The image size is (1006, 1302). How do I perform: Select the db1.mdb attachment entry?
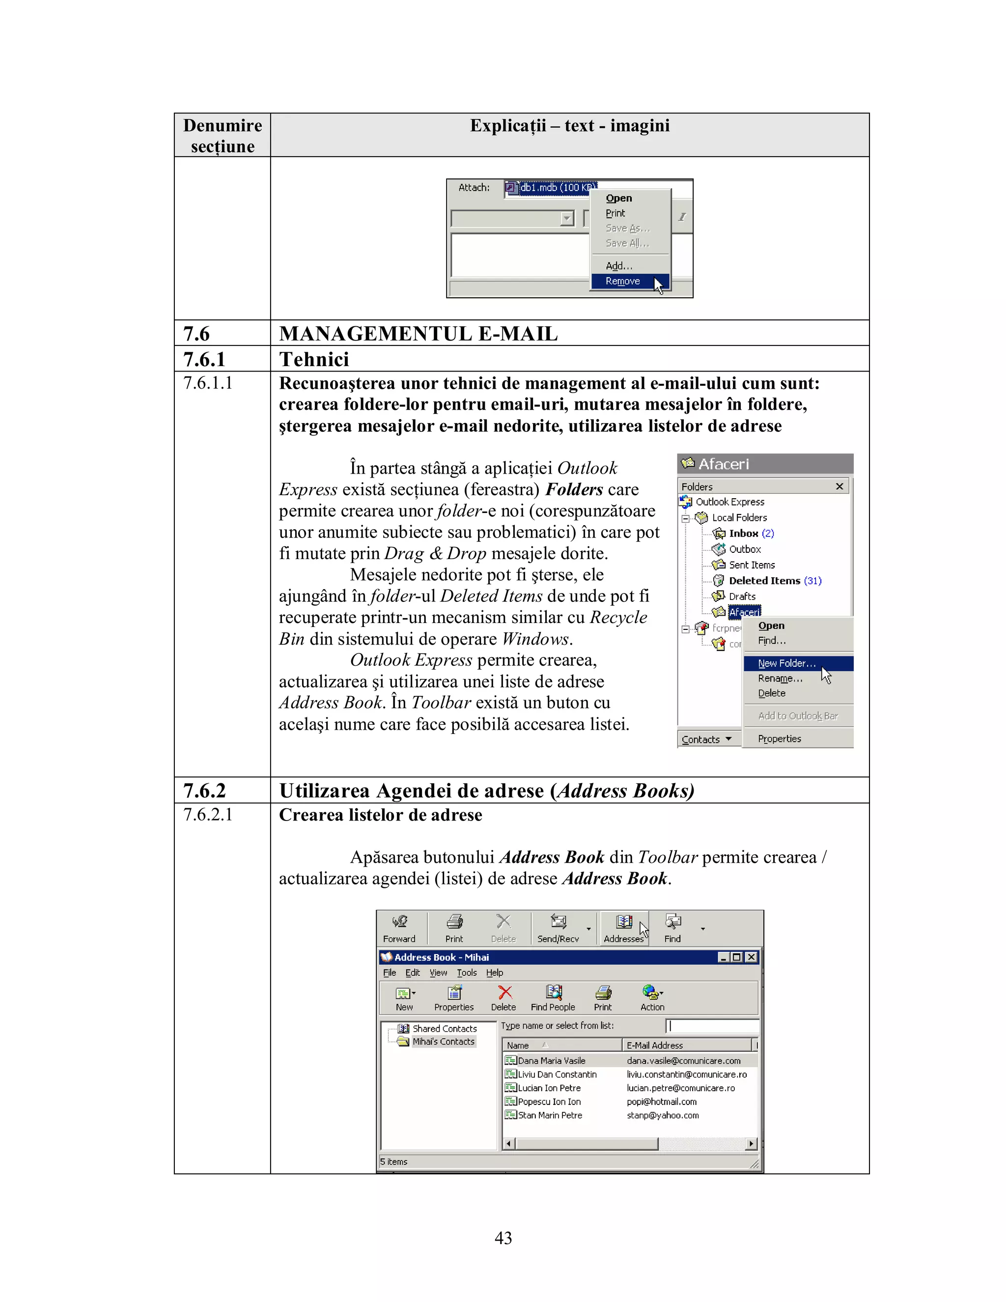[551, 188]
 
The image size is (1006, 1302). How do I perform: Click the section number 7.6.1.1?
[207, 383]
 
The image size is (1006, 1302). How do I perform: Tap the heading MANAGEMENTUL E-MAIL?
[419, 334]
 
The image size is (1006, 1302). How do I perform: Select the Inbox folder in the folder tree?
[743, 534]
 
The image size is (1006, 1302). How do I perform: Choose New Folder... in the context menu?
[786, 663]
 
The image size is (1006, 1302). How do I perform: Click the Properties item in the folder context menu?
[779, 738]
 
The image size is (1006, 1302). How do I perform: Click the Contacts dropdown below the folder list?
[706, 739]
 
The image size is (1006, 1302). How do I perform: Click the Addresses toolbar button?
[624, 929]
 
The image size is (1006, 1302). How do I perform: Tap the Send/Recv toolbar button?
[558, 929]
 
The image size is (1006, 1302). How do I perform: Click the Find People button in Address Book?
[553, 998]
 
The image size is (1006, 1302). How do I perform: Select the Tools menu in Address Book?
[467, 973]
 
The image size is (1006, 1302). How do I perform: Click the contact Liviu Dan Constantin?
[557, 1074]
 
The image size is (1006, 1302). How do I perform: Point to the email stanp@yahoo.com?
[662, 1115]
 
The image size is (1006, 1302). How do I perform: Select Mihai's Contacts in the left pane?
[444, 1042]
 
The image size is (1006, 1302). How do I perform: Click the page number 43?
[503, 1238]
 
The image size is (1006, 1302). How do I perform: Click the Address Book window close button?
[752, 957]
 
